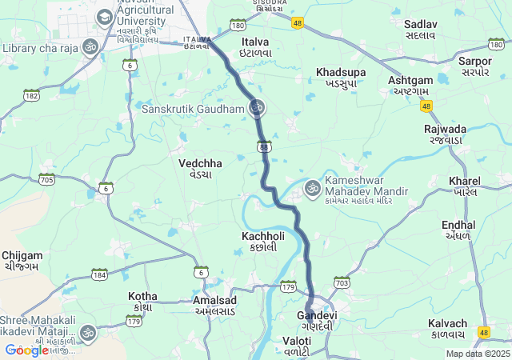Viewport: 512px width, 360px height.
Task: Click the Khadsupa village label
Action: pos(341,77)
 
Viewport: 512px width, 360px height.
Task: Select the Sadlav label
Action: pos(420,30)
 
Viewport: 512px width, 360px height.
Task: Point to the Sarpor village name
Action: pos(475,66)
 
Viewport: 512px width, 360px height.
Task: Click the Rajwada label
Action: pos(446,134)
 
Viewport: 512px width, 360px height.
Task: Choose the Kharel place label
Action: pos(465,186)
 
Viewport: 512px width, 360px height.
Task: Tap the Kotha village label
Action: pos(143,302)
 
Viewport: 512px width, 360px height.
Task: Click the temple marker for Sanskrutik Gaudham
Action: pos(257,107)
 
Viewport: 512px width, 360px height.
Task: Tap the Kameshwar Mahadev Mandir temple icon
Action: pos(312,189)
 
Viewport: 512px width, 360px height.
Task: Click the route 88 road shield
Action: pos(264,147)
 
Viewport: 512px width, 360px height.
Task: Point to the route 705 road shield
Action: pos(46,179)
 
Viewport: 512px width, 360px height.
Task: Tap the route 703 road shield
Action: pos(342,282)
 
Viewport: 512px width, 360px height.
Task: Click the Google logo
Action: pos(26,350)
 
